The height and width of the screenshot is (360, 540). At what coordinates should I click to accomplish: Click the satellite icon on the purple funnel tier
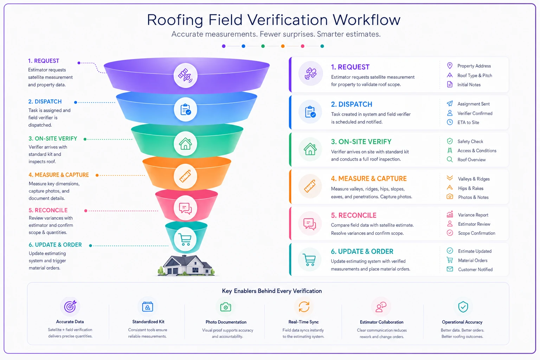[185, 75]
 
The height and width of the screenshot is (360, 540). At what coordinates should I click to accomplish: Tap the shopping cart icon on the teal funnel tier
[185, 239]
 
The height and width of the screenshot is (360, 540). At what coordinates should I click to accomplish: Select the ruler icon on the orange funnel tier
[185, 176]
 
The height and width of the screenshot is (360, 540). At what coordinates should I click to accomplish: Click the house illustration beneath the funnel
[186, 265]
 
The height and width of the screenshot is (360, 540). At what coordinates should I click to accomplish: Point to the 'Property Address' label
[474, 66]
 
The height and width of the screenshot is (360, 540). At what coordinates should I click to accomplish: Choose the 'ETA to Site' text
[468, 122]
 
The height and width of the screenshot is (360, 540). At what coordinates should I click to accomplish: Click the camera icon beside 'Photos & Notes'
[450, 197]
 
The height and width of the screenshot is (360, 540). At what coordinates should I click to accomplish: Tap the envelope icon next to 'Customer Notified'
[450, 269]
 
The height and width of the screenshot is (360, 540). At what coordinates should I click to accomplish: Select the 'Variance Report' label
[473, 215]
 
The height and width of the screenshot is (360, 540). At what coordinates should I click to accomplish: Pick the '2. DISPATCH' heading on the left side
[45, 102]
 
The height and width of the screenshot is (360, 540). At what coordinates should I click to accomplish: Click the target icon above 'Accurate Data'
[70, 307]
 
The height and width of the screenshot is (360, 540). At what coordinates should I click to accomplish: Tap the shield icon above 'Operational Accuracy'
[463, 307]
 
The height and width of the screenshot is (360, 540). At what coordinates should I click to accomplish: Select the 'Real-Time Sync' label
[303, 322]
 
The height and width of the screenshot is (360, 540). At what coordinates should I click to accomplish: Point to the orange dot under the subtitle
[283, 46]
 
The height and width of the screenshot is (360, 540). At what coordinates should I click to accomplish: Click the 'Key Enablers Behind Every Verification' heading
[272, 291]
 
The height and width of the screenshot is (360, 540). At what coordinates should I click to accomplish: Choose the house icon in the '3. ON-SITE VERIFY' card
[310, 149]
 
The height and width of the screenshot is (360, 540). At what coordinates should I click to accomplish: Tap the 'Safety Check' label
[470, 141]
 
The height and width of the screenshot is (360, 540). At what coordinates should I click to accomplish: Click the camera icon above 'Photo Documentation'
[226, 307]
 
